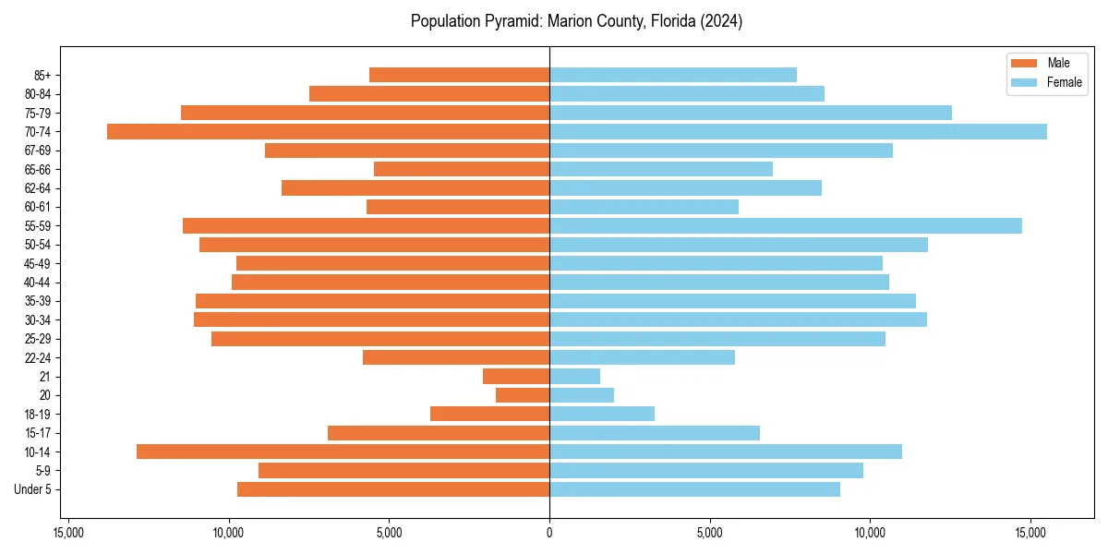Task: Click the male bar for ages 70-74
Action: point(328,131)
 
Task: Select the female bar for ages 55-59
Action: point(785,225)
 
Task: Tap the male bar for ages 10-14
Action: point(343,452)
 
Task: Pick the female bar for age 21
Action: point(574,376)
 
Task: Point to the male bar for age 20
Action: point(523,395)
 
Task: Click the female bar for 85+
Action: point(672,75)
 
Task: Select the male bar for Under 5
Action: point(393,489)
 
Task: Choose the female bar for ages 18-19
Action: point(601,414)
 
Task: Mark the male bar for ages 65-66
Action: point(462,169)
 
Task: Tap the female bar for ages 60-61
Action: point(644,207)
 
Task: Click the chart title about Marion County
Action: point(576,21)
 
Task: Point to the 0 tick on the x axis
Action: point(549,533)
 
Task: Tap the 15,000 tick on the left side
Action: point(68,533)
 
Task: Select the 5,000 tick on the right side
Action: point(710,533)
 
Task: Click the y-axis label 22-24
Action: point(37,357)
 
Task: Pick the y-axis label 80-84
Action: point(37,94)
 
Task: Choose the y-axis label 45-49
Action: point(37,263)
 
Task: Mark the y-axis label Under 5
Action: point(33,489)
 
